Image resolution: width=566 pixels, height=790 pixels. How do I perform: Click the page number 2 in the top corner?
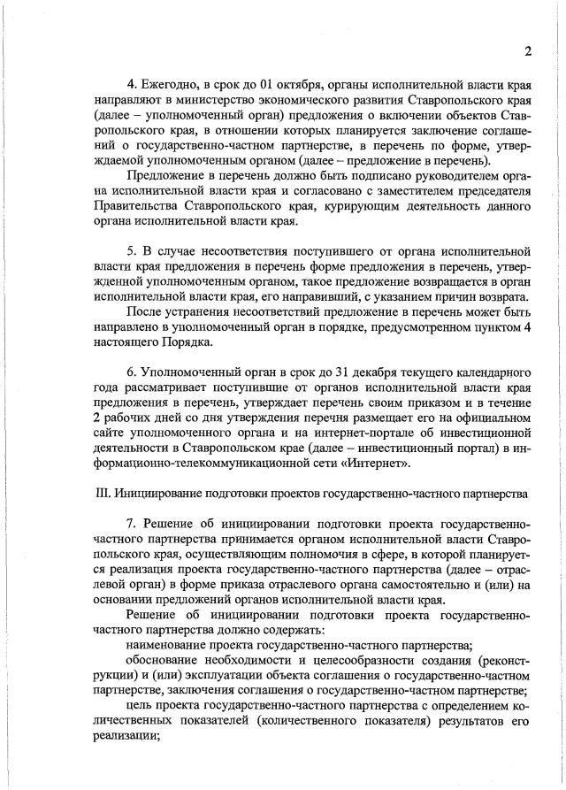(527, 50)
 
